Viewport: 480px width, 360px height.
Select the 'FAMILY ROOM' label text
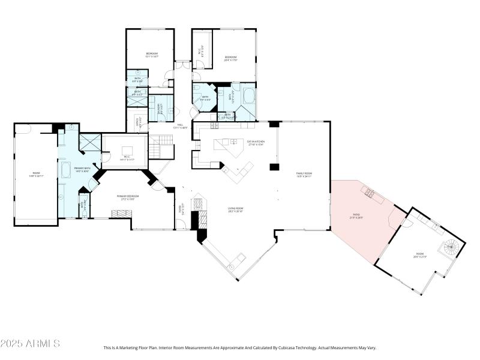[305, 175]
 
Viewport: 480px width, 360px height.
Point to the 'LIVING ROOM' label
[235, 209]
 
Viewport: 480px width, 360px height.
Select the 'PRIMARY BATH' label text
[82, 169]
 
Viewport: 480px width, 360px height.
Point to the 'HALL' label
[180, 126]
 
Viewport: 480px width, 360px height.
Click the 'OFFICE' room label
[138, 124]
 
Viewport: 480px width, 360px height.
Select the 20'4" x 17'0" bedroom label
[231, 58]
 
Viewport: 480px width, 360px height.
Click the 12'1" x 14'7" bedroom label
[151, 55]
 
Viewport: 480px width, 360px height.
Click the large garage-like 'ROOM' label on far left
[35, 175]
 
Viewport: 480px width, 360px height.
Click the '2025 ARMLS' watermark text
[30, 344]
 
